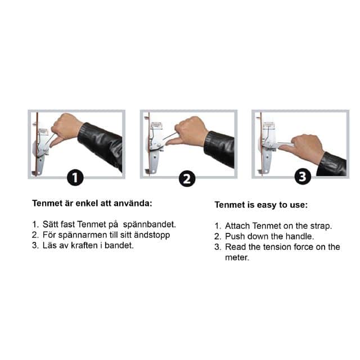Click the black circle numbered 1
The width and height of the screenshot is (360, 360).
click(x=75, y=178)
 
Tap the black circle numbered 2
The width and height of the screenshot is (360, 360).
click(x=187, y=179)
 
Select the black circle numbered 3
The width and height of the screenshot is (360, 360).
click(x=303, y=176)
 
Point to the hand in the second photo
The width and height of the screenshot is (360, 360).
click(x=187, y=132)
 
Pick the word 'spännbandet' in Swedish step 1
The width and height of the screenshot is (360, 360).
click(x=150, y=224)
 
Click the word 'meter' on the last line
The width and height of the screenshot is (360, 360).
click(x=237, y=258)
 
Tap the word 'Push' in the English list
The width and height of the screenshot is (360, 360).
click(x=235, y=236)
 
